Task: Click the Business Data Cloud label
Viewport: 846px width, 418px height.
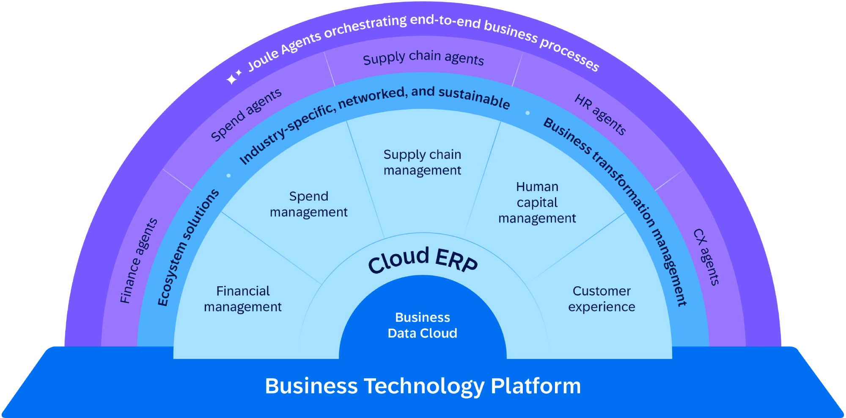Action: pos(422,325)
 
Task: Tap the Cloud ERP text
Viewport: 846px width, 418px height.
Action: pos(423,260)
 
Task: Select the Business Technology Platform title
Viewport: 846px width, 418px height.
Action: pos(423,386)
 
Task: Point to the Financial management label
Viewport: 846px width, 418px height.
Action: pos(243,299)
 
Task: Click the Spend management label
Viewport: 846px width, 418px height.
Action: pos(309,204)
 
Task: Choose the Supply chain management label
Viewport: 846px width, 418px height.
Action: pos(422,162)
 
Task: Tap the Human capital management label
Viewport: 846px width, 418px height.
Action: pos(537,202)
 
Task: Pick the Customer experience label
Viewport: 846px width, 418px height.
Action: pos(602,299)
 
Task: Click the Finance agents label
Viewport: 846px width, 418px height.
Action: pos(139,260)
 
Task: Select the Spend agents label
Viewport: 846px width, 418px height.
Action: pos(246,115)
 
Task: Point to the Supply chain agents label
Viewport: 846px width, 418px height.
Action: pos(423,58)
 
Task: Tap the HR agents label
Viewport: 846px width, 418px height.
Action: pos(600,115)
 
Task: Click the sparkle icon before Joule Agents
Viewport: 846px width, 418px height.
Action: pos(233,77)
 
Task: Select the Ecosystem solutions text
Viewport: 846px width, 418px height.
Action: pos(187,247)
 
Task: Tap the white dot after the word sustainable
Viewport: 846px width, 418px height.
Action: pos(527,113)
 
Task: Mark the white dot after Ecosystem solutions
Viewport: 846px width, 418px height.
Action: pos(228,175)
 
